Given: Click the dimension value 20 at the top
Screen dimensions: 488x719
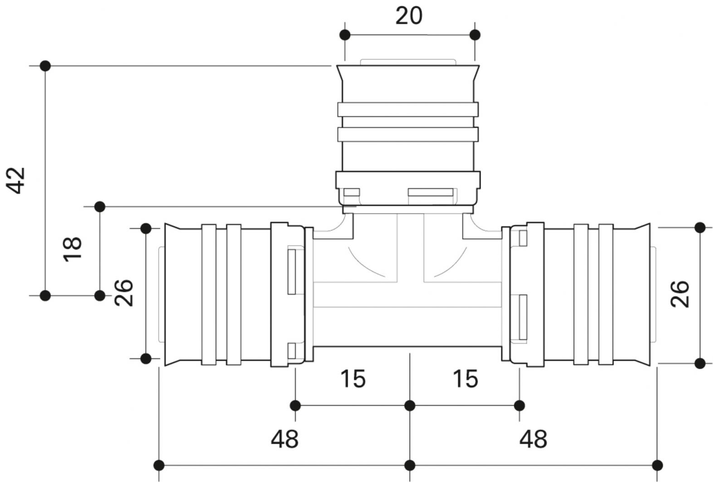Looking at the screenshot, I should click(x=409, y=16).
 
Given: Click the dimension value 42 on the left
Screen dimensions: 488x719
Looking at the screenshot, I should click(x=17, y=180).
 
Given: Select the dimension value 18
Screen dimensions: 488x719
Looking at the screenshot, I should click(x=73, y=248).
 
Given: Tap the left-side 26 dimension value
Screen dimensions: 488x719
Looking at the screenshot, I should click(x=124, y=293).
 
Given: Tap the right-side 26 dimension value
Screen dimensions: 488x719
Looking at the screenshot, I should click(x=680, y=294).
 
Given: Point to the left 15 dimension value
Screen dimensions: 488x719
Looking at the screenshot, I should click(x=353, y=379).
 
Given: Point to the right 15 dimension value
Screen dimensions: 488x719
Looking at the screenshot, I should click(x=466, y=379).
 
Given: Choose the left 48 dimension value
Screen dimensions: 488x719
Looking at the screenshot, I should click(x=285, y=439).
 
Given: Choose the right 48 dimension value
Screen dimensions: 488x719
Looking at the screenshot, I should click(x=533, y=439).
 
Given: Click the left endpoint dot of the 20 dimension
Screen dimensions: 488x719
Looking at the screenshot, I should click(x=345, y=35).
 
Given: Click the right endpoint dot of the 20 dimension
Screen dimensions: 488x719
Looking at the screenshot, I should click(x=475, y=35).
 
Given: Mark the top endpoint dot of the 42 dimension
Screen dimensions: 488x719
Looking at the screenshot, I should click(x=45, y=66).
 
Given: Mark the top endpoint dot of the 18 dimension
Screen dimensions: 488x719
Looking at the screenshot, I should click(x=100, y=207).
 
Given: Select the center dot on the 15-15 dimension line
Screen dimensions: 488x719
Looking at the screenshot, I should click(x=410, y=405).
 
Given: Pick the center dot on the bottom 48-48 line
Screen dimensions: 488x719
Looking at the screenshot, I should click(x=410, y=465).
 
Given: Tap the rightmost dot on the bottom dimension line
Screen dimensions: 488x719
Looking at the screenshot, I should click(x=657, y=465).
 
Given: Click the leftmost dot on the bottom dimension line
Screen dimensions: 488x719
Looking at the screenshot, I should click(x=159, y=465).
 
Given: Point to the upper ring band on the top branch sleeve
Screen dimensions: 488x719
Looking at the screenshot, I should click(x=407, y=109).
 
